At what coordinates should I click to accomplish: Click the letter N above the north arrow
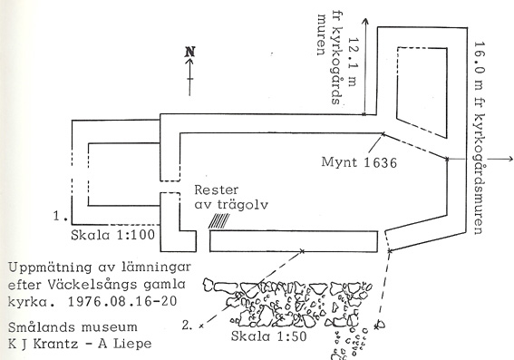pos(189,52)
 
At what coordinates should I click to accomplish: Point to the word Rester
pos(215,192)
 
